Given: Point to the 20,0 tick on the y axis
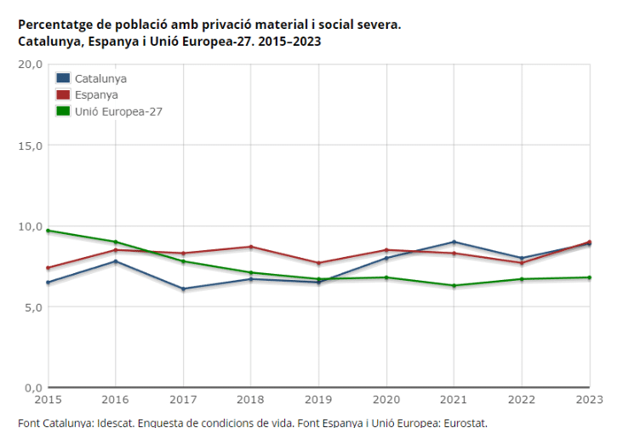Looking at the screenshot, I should click(31, 64).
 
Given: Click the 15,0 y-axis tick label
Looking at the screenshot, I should click(31, 146).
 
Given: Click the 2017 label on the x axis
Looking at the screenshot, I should click(183, 398).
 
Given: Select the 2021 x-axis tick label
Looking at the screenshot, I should click(454, 398).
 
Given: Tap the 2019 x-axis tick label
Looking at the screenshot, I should click(318, 398).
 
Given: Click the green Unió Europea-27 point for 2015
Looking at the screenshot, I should click(48, 231).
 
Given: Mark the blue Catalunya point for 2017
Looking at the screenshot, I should click(183, 289).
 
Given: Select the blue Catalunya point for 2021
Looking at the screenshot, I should click(454, 242).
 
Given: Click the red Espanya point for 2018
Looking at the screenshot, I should click(250, 247).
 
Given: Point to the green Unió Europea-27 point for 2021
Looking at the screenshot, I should click(454, 286).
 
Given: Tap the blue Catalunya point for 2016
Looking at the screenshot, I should click(115, 261).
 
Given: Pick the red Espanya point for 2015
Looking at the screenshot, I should click(48, 268).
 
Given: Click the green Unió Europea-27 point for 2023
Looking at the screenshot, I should click(589, 277).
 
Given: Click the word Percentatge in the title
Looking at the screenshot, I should click(53, 24).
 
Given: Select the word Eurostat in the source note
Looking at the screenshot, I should click(463, 422).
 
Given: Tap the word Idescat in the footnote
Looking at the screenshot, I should click(114, 422).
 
